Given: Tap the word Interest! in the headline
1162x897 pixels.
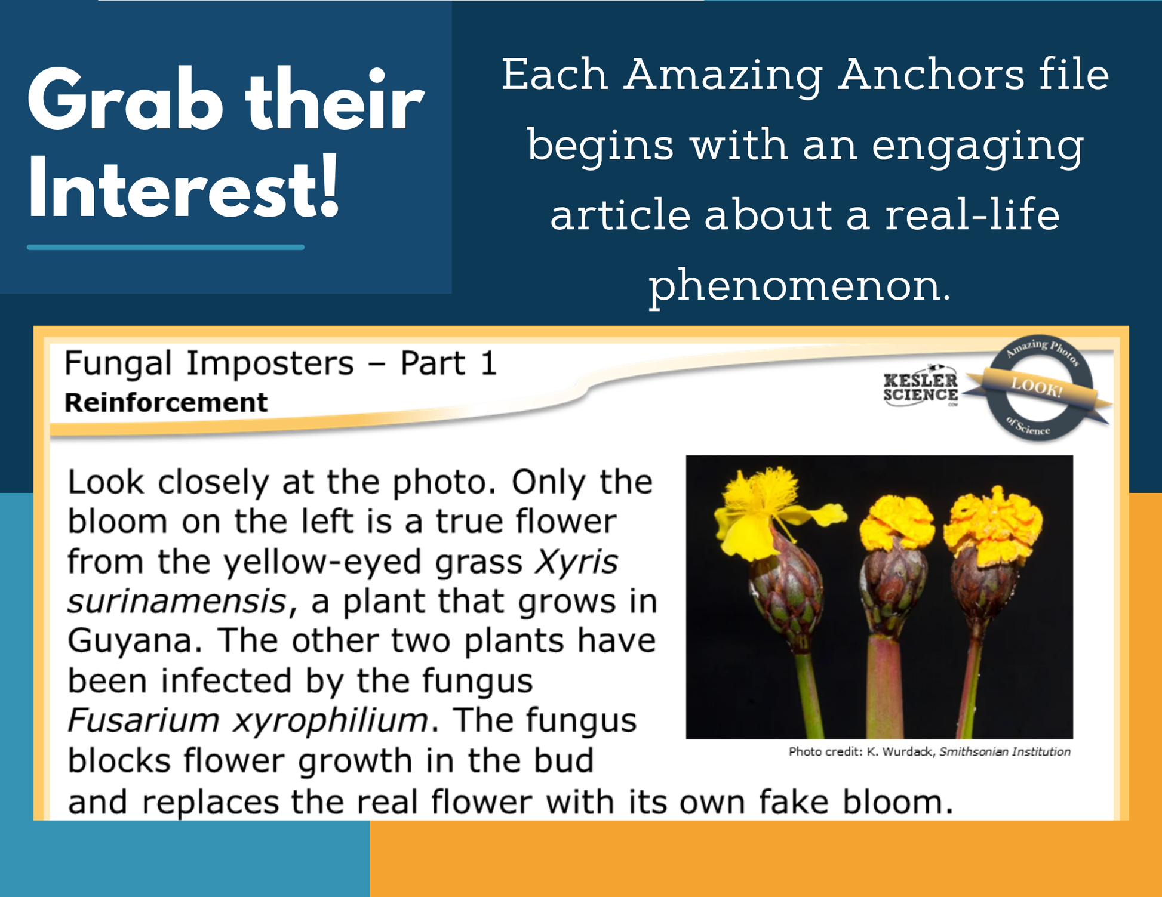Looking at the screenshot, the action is (184, 187).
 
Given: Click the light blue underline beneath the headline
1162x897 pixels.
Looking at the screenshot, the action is (165, 247).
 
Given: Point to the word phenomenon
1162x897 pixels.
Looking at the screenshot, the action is (800, 286).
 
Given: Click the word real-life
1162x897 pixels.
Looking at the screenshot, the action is (972, 215).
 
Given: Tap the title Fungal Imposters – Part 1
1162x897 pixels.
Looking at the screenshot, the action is (281, 363).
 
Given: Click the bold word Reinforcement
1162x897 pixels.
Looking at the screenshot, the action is (166, 402).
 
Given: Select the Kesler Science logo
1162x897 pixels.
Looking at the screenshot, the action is (921, 387).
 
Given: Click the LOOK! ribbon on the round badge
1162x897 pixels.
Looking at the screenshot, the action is (1037, 389).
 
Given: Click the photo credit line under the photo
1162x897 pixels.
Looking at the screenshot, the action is (930, 751).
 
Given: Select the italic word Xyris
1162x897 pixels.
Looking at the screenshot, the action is (576, 562).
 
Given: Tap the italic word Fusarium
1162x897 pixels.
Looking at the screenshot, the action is (143, 720).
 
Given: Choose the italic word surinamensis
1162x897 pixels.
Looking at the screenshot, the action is (178, 602).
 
